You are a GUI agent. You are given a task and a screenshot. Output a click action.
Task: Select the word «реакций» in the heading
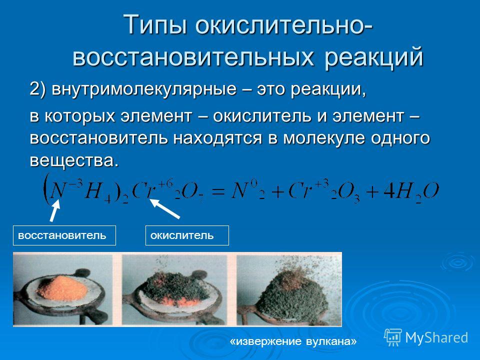click(x=374, y=57)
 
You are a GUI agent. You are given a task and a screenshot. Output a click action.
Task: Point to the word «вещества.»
click(x=74, y=160)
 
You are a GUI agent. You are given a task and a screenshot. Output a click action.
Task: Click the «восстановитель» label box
click(x=64, y=235)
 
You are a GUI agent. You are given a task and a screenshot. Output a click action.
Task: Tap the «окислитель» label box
click(x=187, y=235)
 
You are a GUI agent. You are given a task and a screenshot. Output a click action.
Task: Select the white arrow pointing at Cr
click(x=165, y=209)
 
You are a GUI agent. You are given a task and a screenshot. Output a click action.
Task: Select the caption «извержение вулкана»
click(x=293, y=341)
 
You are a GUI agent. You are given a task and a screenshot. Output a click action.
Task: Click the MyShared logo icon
click(x=393, y=337)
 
